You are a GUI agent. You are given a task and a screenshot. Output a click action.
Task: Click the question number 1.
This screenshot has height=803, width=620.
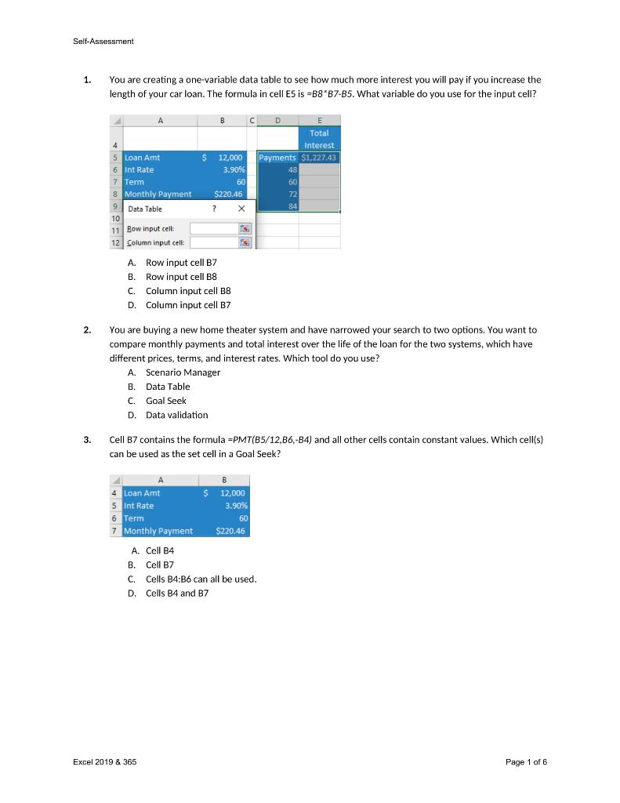pos(88,80)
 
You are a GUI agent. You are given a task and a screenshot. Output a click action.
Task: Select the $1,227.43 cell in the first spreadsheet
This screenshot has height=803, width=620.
pos(318,158)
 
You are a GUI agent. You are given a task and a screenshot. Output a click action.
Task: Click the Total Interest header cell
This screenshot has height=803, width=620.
pos(318,139)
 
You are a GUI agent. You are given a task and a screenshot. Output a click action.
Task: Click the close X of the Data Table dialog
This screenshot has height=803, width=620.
pos(241,209)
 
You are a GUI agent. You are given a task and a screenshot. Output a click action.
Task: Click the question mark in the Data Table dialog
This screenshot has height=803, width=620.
pos(213,209)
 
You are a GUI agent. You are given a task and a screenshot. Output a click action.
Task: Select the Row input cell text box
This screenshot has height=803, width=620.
pos(213,228)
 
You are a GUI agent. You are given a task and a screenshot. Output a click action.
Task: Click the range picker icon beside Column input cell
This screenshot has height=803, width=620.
pos(245,242)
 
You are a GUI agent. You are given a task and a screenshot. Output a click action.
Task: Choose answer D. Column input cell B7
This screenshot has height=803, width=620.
pos(187,305)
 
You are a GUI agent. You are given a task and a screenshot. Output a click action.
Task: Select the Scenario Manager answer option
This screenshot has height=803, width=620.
pos(183,372)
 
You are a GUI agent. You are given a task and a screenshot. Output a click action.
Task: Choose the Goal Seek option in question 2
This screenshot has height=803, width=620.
pos(165,401)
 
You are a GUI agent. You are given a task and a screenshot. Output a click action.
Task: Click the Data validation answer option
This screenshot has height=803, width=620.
pos(176,415)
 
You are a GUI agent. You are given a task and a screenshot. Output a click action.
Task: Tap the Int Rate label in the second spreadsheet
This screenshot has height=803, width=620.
pos(139,506)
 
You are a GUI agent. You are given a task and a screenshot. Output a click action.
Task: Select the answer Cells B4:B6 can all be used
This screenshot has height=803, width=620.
pos(201,579)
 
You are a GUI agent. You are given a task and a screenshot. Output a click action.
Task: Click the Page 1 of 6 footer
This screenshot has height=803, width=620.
pos(526,761)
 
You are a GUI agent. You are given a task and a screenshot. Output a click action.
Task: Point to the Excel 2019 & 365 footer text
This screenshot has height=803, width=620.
pos(104,761)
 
